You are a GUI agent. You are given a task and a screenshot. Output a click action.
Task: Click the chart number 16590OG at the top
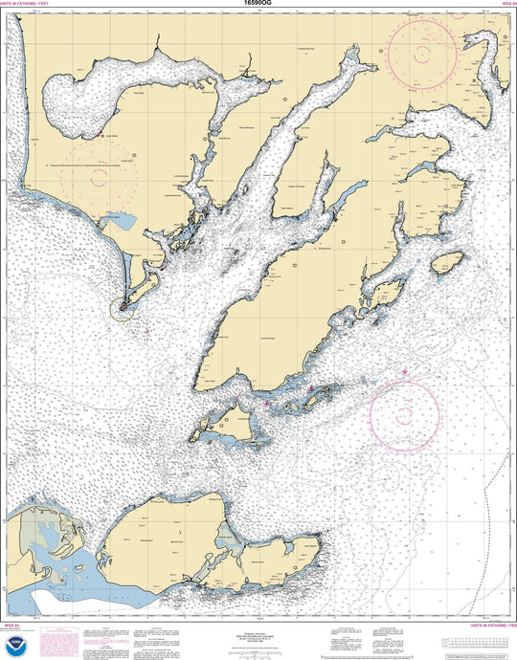(258, 4)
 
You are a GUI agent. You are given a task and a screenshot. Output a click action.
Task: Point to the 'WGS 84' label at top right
(507, 4)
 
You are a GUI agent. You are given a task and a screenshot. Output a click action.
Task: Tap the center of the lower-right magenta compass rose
(405, 415)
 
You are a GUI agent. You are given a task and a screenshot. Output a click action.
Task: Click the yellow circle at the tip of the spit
(121, 308)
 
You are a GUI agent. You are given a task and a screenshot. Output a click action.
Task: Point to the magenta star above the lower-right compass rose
(406, 371)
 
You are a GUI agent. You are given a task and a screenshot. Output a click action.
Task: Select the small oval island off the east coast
(447, 262)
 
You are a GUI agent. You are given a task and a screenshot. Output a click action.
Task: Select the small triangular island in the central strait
(229, 418)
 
